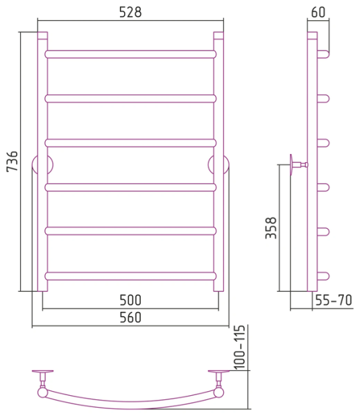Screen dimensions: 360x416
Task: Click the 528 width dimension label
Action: coord(130,12)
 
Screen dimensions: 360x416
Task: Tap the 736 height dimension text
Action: coord(12,162)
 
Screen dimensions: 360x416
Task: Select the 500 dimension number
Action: coord(130,300)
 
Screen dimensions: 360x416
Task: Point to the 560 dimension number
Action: coord(130,318)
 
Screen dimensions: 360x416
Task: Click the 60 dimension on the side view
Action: coord(318,12)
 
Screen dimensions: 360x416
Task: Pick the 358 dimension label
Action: coord(271,228)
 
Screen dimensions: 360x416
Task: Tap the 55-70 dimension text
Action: coord(334,300)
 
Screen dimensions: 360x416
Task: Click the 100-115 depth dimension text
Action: coord(239,347)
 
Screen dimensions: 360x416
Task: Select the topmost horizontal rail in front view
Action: coord(130,54)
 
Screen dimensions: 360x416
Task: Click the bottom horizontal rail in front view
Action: coord(130,276)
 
